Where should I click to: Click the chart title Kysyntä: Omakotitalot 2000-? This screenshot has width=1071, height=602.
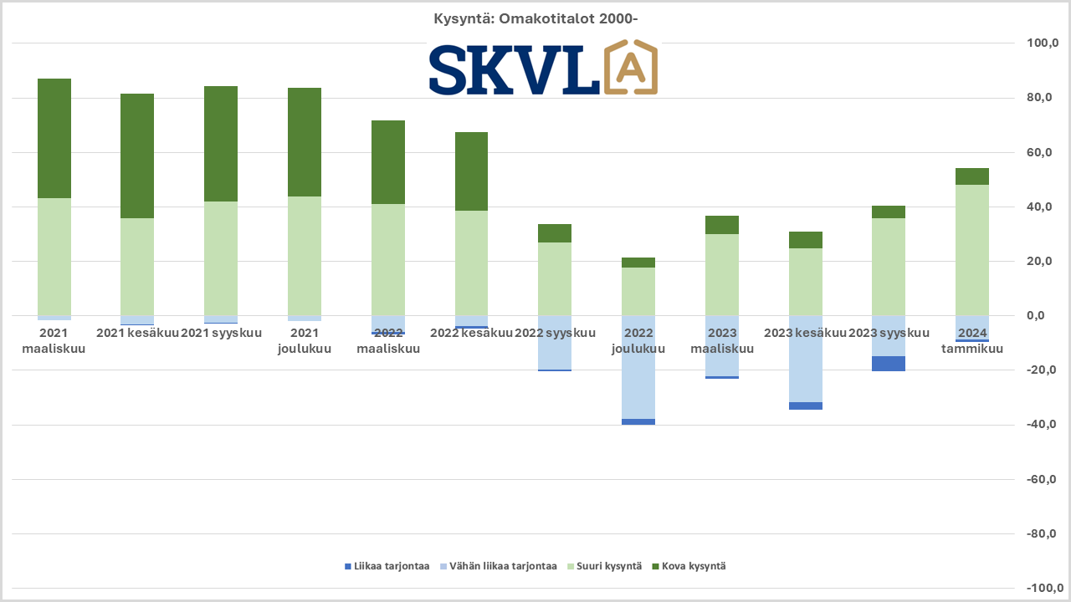[536, 18]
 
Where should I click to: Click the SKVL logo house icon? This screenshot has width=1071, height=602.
[630, 67]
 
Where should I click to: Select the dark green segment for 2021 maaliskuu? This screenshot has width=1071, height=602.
[54, 138]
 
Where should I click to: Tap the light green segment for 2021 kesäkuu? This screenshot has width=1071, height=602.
[137, 267]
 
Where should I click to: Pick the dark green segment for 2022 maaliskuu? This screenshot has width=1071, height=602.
[388, 162]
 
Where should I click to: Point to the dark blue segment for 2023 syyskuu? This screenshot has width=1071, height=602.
[889, 364]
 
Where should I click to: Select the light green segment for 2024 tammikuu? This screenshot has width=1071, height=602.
[972, 250]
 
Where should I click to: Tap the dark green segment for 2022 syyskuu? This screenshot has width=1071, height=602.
[555, 233]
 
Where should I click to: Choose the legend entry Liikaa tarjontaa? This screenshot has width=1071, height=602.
[387, 566]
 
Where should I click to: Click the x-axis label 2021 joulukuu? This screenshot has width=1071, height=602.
[305, 340]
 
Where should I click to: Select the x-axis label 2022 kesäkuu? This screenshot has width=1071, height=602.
[471, 333]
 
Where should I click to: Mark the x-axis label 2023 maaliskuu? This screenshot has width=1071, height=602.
[722, 340]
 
